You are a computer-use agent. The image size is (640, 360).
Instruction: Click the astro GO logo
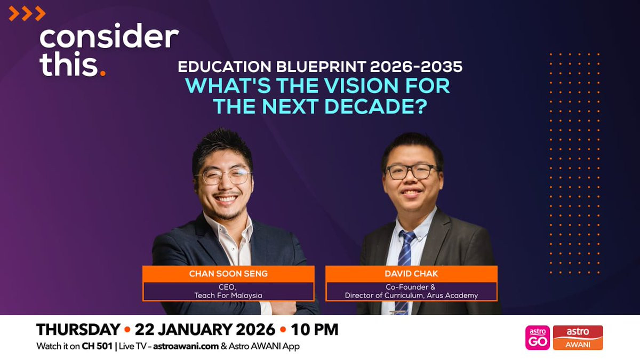point(538,338)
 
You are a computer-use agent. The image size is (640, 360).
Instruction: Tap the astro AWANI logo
point(578,338)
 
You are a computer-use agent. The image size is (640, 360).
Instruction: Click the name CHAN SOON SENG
point(228,274)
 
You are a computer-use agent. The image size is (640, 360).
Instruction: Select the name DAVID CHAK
point(411,274)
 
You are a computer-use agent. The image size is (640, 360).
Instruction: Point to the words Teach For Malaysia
point(228,295)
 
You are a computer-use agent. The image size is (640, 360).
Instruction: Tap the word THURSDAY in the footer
point(78,330)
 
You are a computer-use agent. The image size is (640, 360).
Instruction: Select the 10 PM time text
point(315,330)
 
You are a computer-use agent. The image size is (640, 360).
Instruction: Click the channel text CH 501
point(97,346)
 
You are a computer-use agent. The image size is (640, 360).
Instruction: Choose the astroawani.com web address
point(186,346)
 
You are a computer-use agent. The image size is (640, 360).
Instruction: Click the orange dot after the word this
point(103,74)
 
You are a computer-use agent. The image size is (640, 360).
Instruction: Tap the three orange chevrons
point(27,14)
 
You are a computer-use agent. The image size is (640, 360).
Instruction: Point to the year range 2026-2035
point(416,67)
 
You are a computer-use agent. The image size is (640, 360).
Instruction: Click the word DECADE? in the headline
point(375,106)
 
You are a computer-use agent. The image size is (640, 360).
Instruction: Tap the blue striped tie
point(405,266)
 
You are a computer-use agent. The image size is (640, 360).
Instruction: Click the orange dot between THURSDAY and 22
point(127,330)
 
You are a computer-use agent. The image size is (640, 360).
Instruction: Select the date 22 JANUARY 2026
point(205,330)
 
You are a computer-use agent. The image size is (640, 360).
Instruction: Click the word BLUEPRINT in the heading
point(321,67)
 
